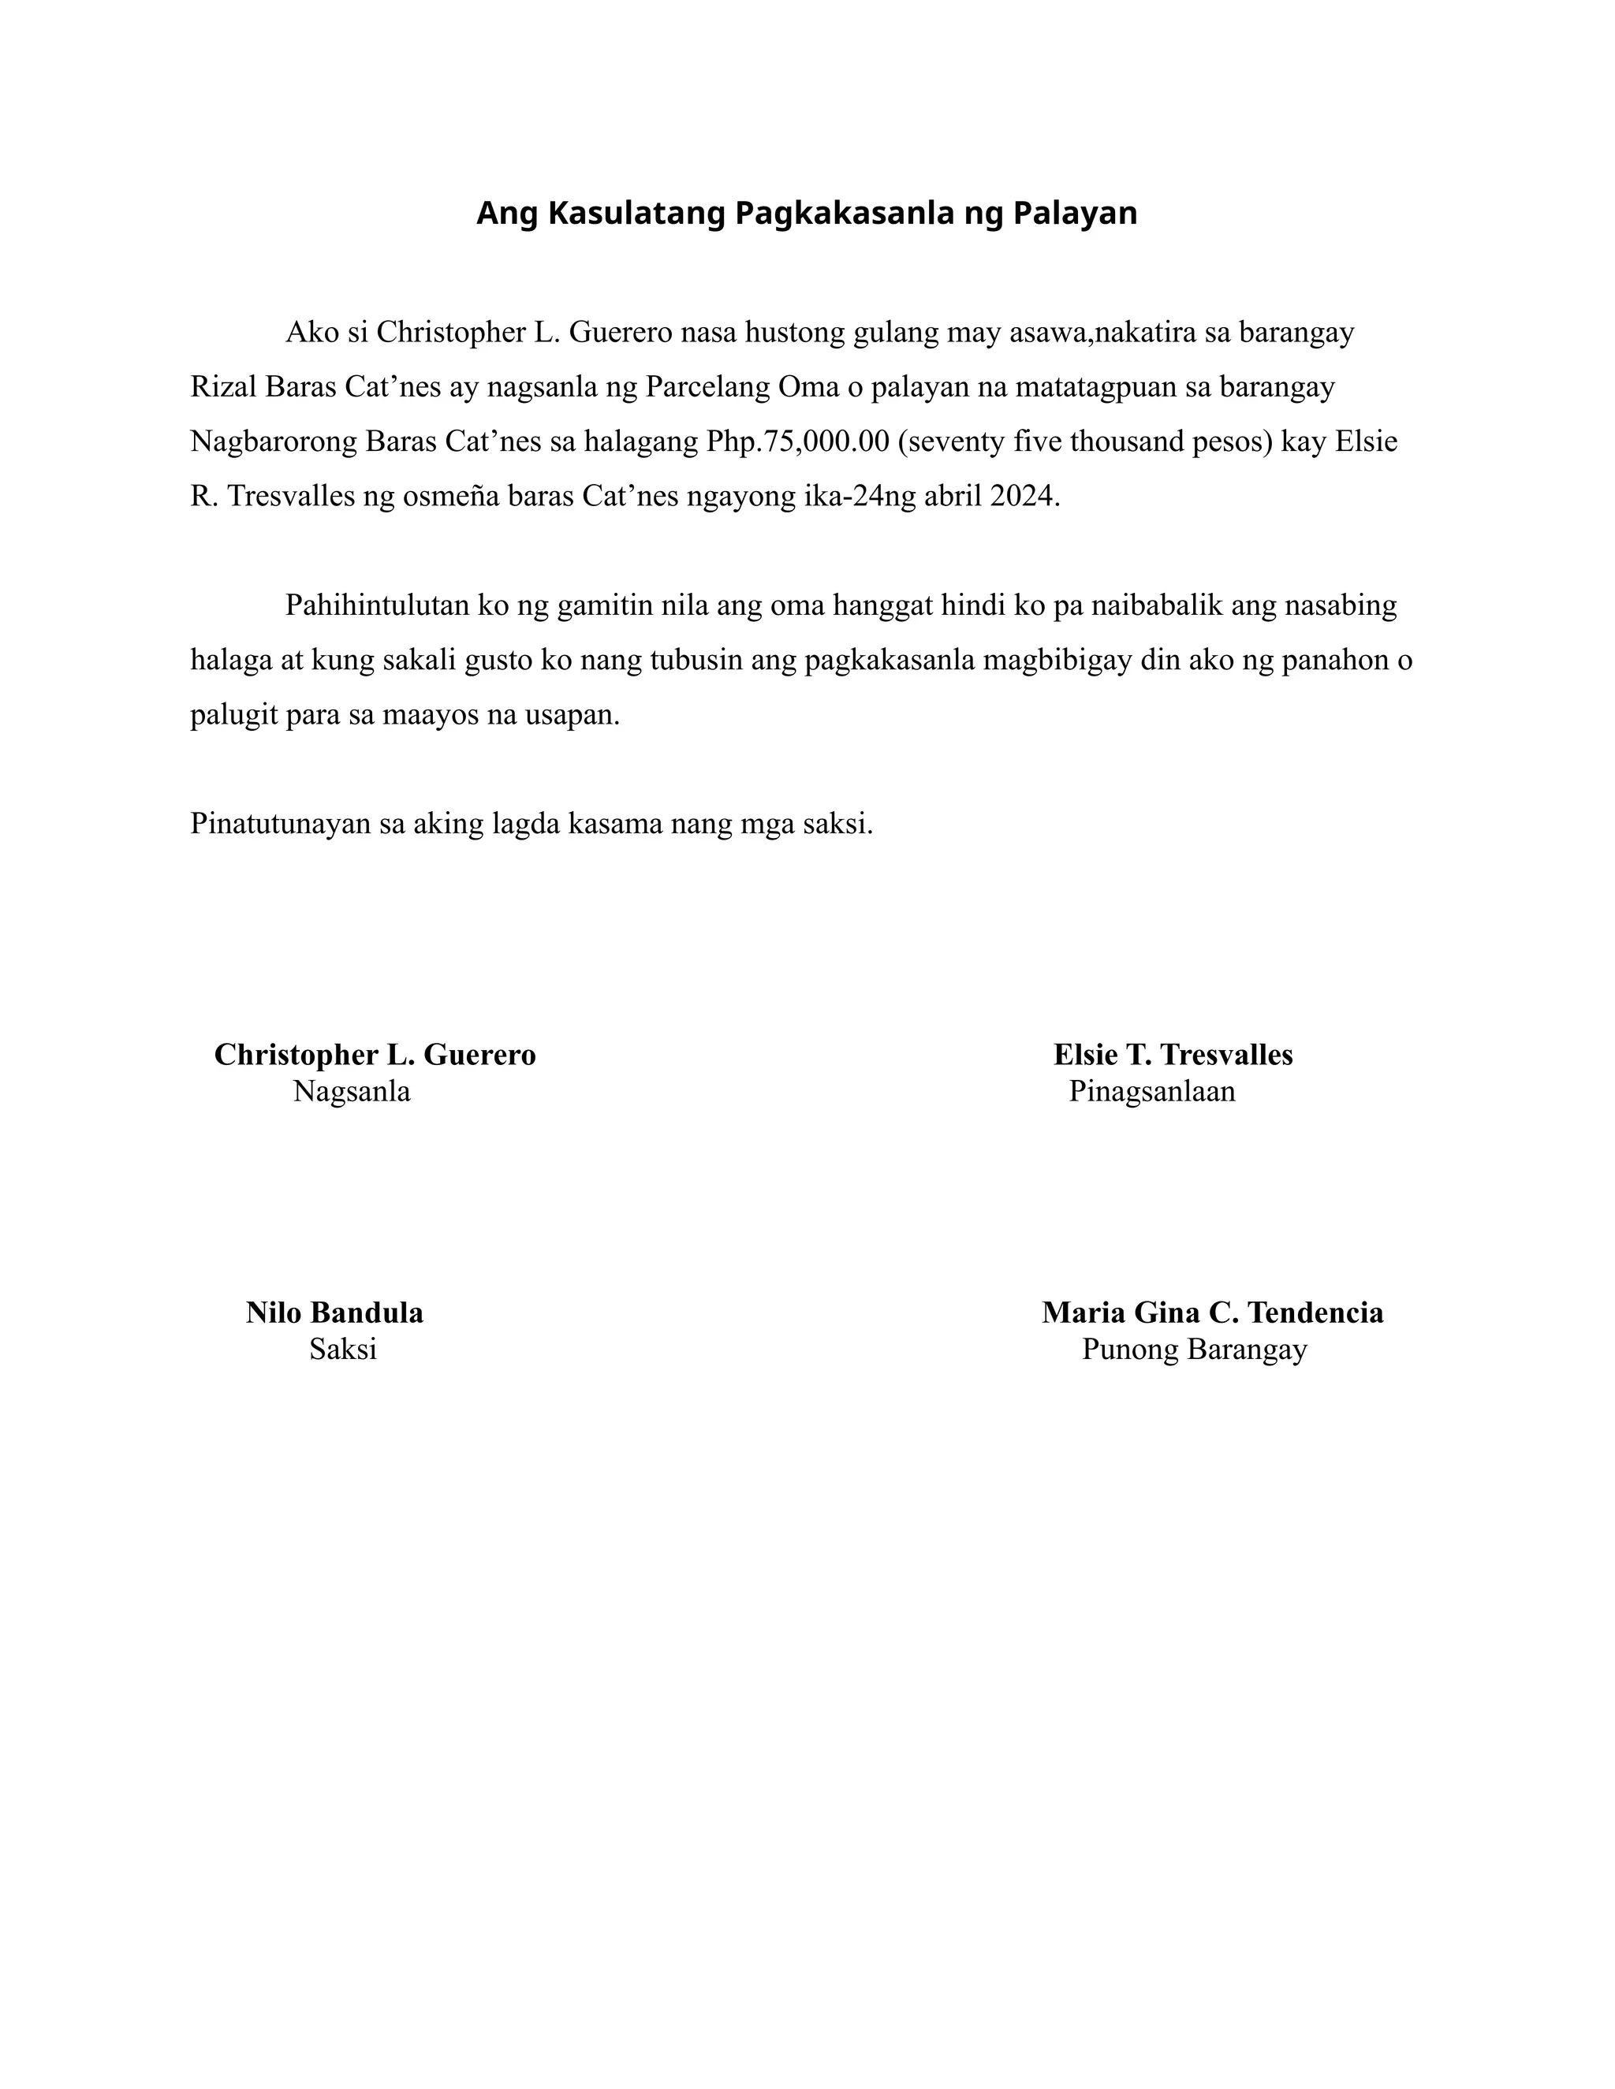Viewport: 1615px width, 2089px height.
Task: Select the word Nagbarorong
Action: [x=274, y=442]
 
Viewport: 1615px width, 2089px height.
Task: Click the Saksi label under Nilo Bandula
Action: [x=342, y=1350]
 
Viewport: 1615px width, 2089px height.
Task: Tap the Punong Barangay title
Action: [x=1194, y=1350]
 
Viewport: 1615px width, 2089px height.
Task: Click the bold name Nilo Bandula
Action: [x=335, y=1313]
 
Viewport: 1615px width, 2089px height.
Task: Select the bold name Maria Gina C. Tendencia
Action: [x=1212, y=1313]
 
